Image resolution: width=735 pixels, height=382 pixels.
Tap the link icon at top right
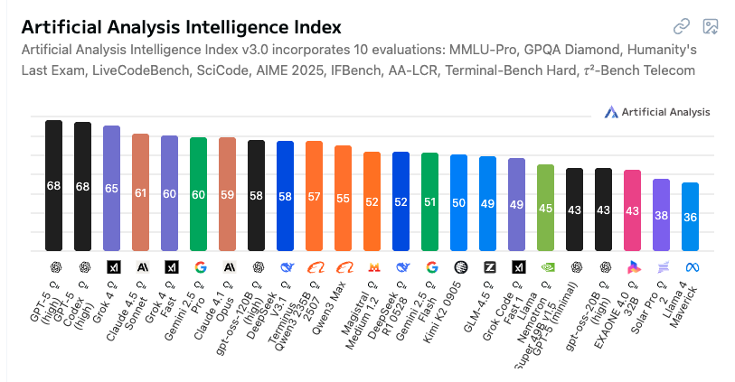click(x=682, y=27)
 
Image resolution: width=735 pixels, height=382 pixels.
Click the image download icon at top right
click(x=710, y=27)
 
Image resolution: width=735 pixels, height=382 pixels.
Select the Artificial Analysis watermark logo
click(x=657, y=112)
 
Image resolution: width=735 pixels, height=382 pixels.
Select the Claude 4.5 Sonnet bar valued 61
click(x=140, y=191)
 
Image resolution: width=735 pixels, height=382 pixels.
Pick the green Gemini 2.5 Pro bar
click(x=198, y=193)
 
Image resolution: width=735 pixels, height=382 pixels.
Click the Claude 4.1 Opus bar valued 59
click(x=227, y=193)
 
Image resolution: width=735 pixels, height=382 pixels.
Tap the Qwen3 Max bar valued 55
click(x=343, y=198)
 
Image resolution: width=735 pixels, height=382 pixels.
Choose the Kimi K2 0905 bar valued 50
click(x=458, y=202)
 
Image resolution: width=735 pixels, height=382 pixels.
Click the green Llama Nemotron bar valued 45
click(x=545, y=208)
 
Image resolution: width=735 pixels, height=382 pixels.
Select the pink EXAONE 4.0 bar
click(x=632, y=210)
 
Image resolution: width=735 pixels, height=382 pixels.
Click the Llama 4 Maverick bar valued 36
click(x=690, y=217)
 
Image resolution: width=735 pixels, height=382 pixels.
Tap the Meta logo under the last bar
click(x=690, y=267)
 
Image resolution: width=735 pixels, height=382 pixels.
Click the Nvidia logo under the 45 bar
click(x=545, y=267)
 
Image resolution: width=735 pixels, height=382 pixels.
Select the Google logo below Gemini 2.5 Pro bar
click(x=198, y=267)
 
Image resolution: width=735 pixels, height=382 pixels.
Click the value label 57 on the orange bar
click(x=314, y=196)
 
